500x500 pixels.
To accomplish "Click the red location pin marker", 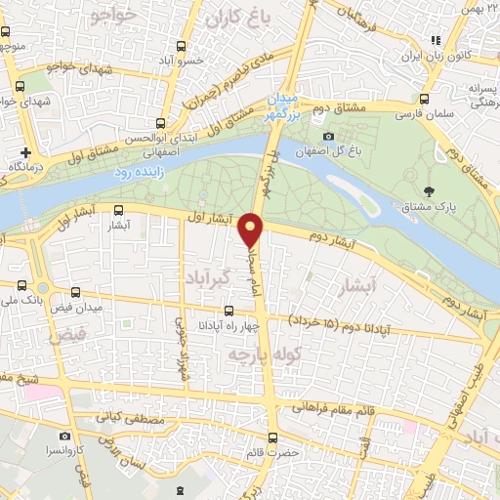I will point(252,229).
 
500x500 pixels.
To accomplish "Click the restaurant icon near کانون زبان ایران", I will point(437,40).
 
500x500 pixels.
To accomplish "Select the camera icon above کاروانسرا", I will point(64,436).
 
